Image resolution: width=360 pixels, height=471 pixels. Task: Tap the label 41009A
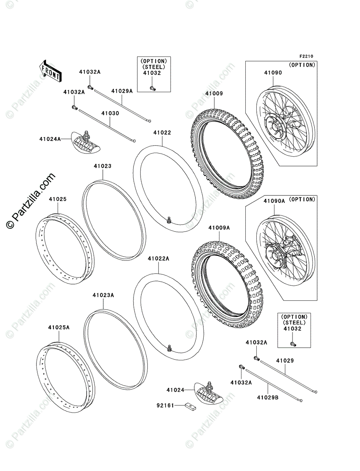pos(219,228)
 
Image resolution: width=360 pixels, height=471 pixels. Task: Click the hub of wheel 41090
pos(275,126)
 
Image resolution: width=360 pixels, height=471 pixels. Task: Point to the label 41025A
pos(59,327)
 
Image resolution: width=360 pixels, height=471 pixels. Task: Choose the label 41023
pos(102,166)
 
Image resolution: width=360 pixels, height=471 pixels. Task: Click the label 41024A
pos(50,139)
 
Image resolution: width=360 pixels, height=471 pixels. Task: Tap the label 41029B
pos(268,397)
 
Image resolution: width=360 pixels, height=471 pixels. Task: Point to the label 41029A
pos(122,91)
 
